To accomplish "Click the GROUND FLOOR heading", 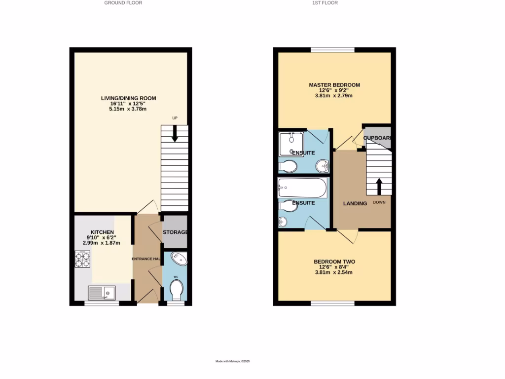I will [123, 3].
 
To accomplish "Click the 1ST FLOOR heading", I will [325, 3].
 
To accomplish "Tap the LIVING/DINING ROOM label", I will [128, 98].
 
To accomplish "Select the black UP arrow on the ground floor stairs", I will [175, 134].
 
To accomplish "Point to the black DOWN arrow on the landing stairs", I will [379, 187].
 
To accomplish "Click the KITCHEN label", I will [102, 232].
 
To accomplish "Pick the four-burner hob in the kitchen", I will [82, 259].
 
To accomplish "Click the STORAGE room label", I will [175, 232].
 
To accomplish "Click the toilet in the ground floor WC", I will [176, 289].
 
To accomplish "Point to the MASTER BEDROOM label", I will [334, 85].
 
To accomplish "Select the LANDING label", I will [355, 203].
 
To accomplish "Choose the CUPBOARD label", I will [378, 138].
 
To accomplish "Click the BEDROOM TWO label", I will [334, 262].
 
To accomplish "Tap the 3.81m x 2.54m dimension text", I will [334, 272].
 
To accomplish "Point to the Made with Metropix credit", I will [233, 361].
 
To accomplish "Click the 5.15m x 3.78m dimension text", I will [128, 109].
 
